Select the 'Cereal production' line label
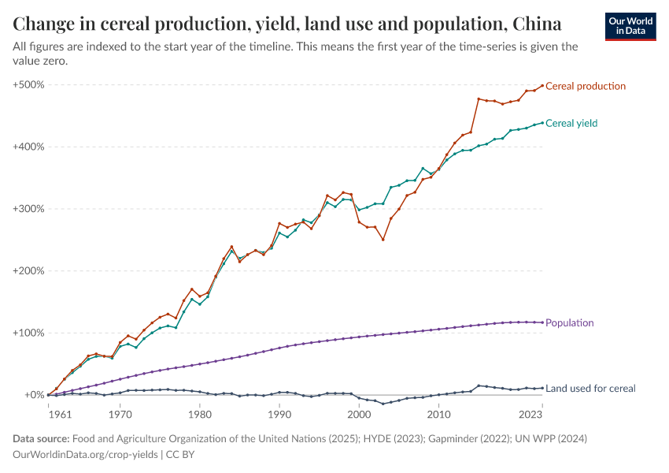[585, 86]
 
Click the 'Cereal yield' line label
[571, 123]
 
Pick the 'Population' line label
[569, 322]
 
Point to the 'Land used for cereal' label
[590, 388]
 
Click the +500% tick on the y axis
[28, 84]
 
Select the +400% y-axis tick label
[28, 147]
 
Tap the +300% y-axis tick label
[28, 209]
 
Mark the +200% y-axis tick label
[28, 270]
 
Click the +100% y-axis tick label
[28, 333]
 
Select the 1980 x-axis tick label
[200, 413]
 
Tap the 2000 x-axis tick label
[359, 413]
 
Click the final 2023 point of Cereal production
[542, 85]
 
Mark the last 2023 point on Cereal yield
[542, 122]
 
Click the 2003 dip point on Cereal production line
[383, 240]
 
